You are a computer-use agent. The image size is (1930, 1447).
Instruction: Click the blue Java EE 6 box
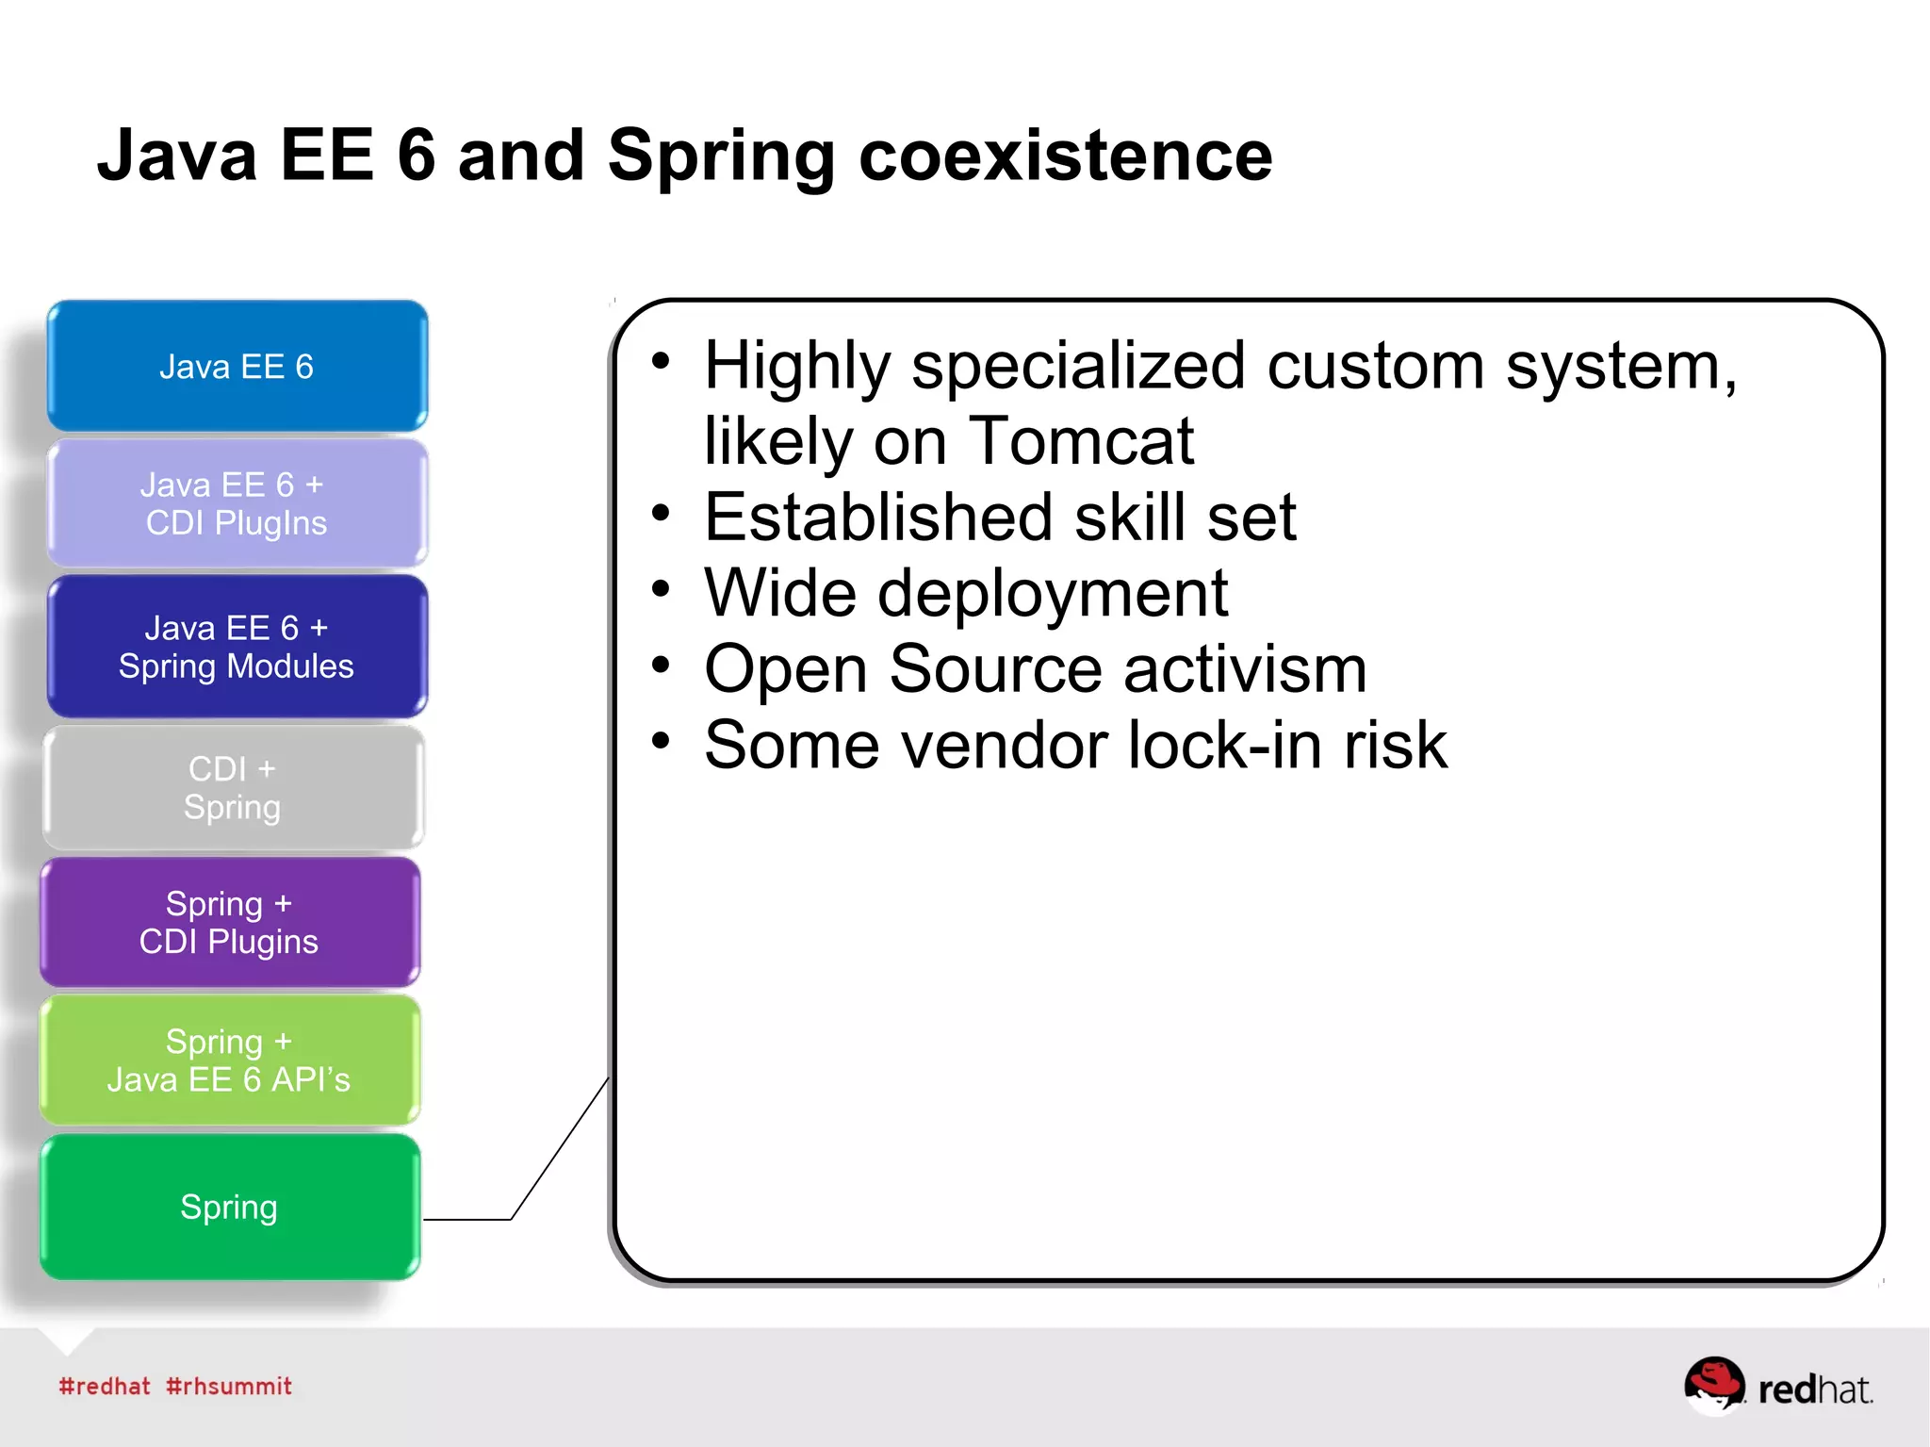[237, 366]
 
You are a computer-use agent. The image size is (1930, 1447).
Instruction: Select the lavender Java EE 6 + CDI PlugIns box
[237, 503]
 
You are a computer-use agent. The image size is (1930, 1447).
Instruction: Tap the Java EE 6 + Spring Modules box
[237, 647]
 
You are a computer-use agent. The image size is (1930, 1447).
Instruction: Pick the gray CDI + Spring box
[233, 788]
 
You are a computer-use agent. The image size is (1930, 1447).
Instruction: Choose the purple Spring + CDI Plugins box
[229, 922]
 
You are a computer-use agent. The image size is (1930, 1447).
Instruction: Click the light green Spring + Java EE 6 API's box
[229, 1060]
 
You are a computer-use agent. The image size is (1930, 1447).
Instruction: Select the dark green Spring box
[229, 1207]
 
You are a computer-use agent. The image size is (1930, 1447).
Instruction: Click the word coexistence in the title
[1065, 156]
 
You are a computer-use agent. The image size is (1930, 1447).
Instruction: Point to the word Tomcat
[1081, 441]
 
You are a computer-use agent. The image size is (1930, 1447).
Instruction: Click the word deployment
[1053, 594]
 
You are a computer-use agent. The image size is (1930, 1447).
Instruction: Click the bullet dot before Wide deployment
[661, 589]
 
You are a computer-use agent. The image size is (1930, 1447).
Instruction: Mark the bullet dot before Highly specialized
[661, 361]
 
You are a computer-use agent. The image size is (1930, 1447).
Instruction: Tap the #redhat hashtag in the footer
[105, 1386]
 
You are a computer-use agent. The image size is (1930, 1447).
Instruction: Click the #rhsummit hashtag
[229, 1386]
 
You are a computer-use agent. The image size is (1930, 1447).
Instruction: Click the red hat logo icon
[1714, 1384]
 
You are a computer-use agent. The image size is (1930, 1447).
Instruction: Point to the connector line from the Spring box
[559, 1150]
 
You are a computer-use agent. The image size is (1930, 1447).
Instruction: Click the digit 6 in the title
[416, 156]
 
